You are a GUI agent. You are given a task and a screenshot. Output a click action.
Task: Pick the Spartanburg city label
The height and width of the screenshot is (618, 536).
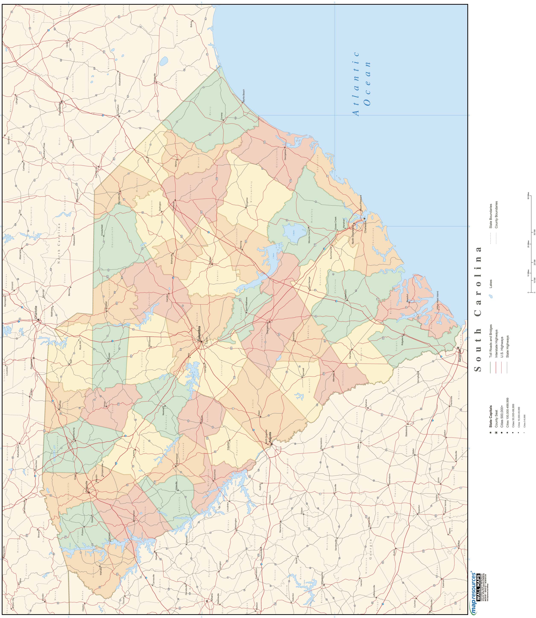click(74, 434)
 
